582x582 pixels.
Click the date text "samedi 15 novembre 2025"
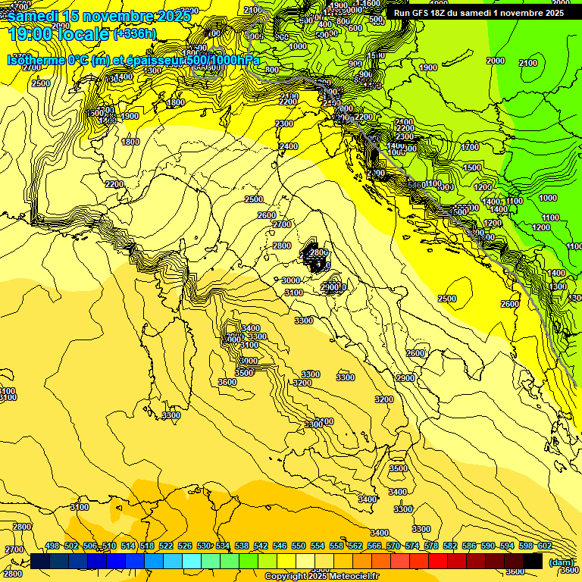99,16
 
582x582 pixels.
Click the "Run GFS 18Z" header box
478,13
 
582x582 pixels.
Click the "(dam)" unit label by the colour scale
560,562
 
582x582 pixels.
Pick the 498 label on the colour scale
52,546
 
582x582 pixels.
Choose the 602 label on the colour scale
544,546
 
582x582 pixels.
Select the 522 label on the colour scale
166,546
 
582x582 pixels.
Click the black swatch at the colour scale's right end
533,562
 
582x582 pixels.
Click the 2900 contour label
405,377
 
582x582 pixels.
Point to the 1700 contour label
470,147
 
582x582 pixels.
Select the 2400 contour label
288,146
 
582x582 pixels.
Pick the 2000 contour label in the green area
496,61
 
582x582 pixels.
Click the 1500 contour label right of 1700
472,167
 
